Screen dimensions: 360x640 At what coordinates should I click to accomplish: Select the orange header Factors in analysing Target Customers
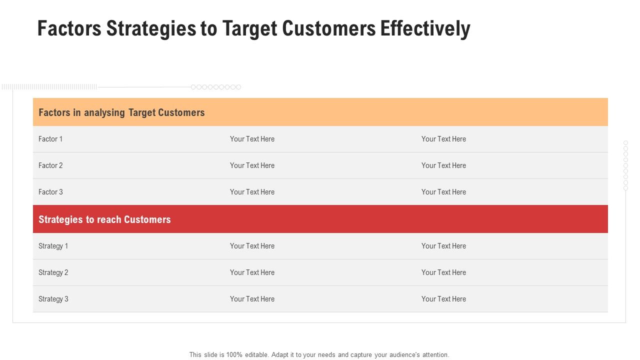[x=121, y=112]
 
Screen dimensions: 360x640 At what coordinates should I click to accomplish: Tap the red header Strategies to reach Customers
[x=104, y=219]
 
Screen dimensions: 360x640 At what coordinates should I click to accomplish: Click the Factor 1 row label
[x=50, y=139]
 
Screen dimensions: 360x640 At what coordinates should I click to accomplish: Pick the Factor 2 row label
[x=50, y=165]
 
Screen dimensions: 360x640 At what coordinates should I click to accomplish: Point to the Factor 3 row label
[x=50, y=192]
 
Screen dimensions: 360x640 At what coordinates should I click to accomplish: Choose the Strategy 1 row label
[x=53, y=246]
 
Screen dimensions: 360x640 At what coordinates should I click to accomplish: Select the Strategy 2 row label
[x=53, y=272]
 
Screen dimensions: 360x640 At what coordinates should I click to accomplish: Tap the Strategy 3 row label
[x=53, y=299]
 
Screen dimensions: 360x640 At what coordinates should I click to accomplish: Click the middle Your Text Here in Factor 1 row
[x=252, y=139]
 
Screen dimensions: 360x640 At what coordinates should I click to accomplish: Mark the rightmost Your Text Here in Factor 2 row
[x=443, y=165]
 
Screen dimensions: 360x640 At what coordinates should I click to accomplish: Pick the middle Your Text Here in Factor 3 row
[x=252, y=192]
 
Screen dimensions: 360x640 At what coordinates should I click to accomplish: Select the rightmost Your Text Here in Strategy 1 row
[x=443, y=246]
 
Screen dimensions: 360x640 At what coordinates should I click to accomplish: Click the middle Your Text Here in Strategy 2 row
[x=252, y=272]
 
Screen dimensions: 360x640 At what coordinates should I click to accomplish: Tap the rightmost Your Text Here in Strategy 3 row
[x=443, y=299]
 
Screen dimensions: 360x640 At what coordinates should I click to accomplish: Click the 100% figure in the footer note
[x=234, y=355]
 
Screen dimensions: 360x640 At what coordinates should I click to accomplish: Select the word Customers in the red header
[x=147, y=219]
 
